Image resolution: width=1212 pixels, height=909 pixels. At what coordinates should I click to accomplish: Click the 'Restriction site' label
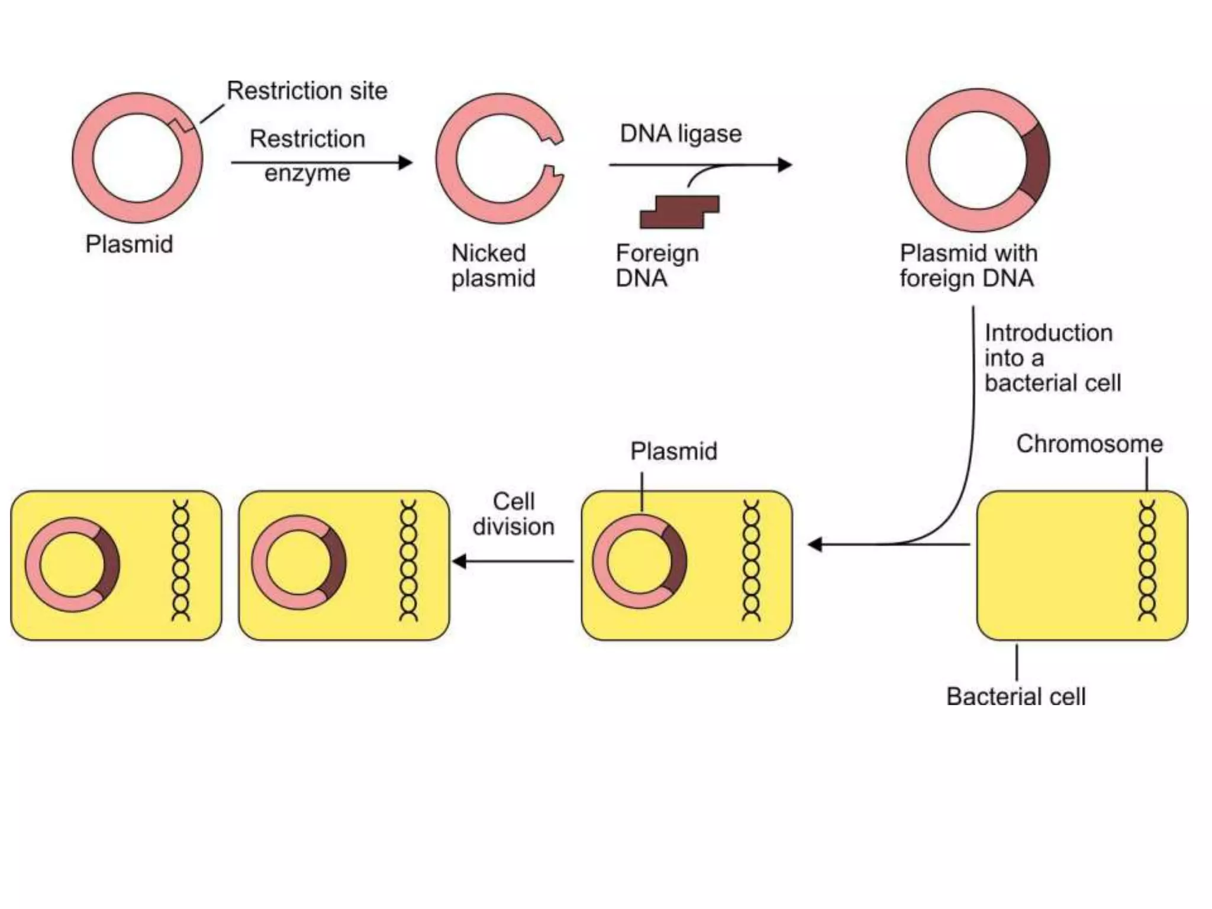pyautogui.click(x=307, y=91)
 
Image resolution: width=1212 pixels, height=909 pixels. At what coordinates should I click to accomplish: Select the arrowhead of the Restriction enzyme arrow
pyautogui.click(x=405, y=162)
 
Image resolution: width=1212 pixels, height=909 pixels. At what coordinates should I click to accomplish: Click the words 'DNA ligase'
pyautogui.click(x=681, y=134)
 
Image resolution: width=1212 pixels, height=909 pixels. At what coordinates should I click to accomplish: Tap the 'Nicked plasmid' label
pyautogui.click(x=492, y=266)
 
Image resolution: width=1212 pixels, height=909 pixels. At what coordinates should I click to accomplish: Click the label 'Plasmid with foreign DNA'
pyautogui.click(x=968, y=266)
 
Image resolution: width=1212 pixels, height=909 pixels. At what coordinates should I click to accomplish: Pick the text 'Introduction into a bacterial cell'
pyautogui.click(x=1051, y=358)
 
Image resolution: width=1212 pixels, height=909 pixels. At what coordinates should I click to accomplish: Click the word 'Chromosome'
pyautogui.click(x=1089, y=444)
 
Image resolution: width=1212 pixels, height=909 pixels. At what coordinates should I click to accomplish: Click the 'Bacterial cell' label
pyautogui.click(x=1016, y=697)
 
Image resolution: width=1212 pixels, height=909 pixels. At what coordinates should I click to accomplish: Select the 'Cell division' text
pyautogui.click(x=513, y=514)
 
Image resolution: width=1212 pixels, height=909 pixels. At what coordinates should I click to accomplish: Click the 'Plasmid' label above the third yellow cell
pyautogui.click(x=673, y=452)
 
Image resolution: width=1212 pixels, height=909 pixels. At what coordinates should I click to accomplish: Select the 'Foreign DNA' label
pyautogui.click(x=656, y=266)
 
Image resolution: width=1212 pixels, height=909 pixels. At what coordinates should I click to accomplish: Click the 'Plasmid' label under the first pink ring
pyautogui.click(x=129, y=244)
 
